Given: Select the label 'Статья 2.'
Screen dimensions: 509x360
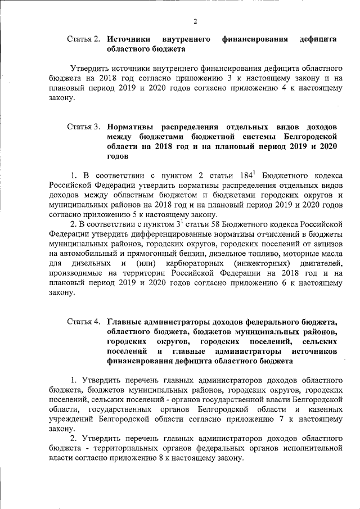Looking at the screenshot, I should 83,39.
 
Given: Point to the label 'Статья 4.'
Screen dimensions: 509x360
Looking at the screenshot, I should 83,322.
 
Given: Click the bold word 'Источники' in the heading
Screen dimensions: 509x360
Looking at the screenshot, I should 128,39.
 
